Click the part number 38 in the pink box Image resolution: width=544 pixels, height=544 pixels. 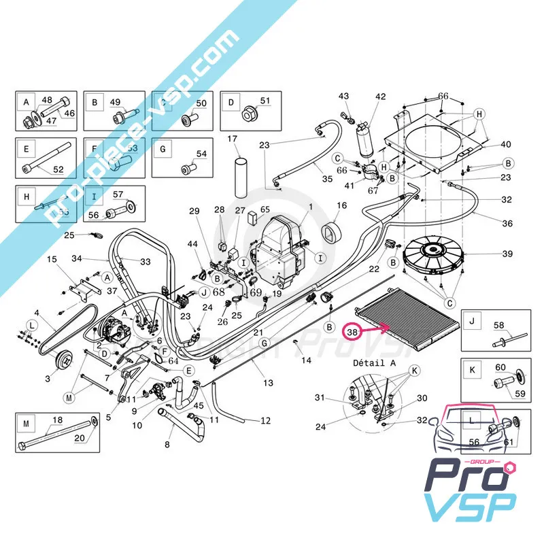pyautogui.click(x=352, y=333)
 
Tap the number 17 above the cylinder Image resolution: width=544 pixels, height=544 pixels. pyautogui.click(x=233, y=139)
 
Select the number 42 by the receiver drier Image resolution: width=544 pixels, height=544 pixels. pyautogui.click(x=380, y=97)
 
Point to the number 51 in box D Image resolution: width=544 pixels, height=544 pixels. pyautogui.click(x=265, y=101)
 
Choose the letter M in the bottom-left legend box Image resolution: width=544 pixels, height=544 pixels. pyautogui.click(x=26, y=424)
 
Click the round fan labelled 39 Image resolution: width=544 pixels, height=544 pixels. pyautogui.click(x=435, y=256)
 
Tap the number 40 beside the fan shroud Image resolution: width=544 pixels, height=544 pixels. pyautogui.click(x=505, y=144)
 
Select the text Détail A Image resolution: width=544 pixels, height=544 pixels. pyautogui.click(x=374, y=364)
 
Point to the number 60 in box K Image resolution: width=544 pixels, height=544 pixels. pyautogui.click(x=500, y=367)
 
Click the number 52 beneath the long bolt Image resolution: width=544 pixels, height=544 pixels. pyautogui.click(x=58, y=170)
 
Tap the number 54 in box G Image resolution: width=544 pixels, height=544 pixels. pyautogui.click(x=201, y=154)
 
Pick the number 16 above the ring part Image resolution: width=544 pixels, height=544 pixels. pyautogui.click(x=341, y=205)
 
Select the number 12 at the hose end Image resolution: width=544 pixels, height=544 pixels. pyautogui.click(x=265, y=420)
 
